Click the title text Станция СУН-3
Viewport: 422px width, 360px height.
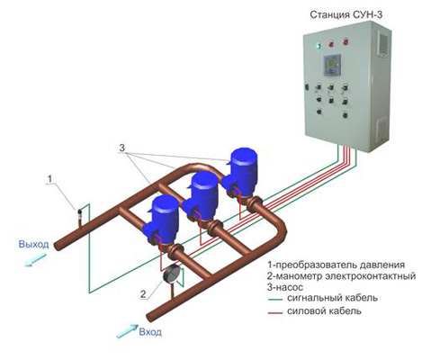coord(346,14)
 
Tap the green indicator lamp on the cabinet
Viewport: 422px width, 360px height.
coord(318,46)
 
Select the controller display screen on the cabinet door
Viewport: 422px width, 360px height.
coord(331,64)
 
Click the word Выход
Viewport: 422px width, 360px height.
coord(33,244)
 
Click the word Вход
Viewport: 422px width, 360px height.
coord(150,332)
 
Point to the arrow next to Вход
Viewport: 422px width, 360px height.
coord(127,331)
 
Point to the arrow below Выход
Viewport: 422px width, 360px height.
coord(36,260)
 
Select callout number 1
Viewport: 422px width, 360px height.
coord(49,179)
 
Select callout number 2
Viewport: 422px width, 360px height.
coord(144,294)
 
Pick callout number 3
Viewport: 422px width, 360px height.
coord(122,148)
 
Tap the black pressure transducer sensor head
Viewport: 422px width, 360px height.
coord(80,212)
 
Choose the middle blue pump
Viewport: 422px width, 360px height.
coord(202,195)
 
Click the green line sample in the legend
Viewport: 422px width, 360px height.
coord(274,300)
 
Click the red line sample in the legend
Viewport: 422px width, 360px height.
coord(274,313)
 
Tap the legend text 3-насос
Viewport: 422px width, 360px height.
coord(285,287)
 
